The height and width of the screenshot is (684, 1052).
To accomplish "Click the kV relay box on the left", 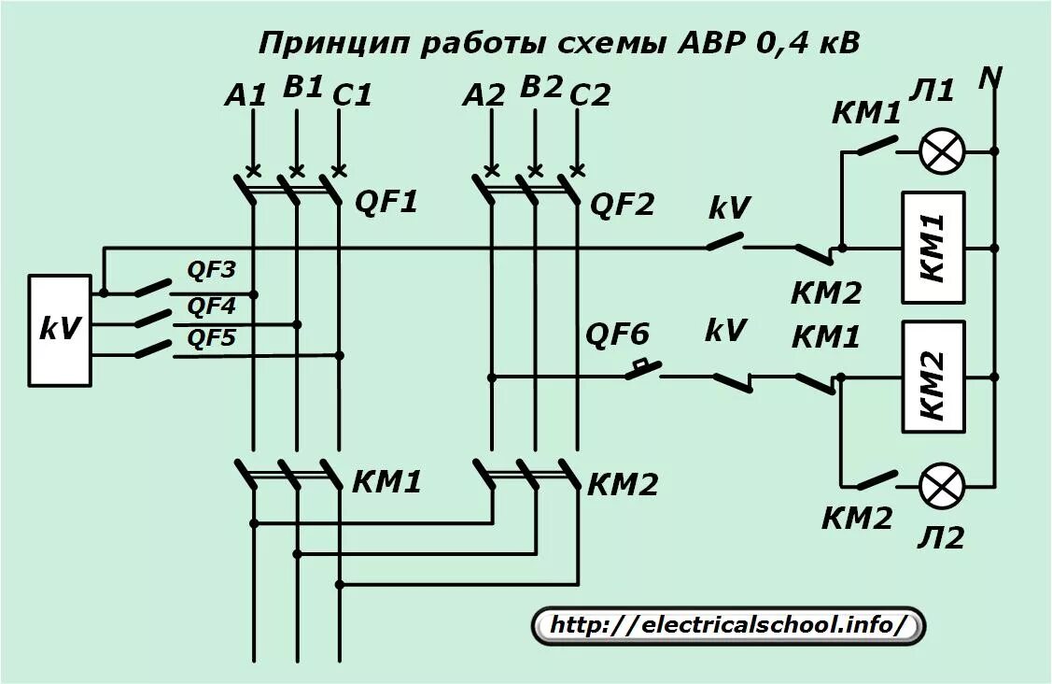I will [x=60, y=330].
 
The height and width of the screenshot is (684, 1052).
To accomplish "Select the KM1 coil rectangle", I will [x=933, y=248].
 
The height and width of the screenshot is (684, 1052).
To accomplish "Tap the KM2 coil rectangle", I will [x=933, y=377].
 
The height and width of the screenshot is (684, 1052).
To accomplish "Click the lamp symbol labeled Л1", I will [x=942, y=150].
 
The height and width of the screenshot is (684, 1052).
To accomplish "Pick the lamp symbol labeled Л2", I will [x=942, y=486].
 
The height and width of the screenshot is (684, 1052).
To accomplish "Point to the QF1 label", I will [x=386, y=201].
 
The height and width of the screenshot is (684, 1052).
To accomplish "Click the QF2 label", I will [x=623, y=203].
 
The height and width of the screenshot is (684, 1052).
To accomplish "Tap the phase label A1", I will [x=246, y=93].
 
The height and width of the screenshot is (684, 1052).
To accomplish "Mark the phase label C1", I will [x=352, y=94].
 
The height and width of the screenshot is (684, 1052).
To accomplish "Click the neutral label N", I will [x=989, y=79].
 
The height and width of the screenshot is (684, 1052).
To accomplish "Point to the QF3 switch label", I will [x=212, y=271].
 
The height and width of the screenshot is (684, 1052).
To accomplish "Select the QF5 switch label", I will [x=212, y=338].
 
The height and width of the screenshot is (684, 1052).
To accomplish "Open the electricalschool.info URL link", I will [x=728, y=624].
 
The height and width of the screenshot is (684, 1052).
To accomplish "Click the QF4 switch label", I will [x=212, y=306].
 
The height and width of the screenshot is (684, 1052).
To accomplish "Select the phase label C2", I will [x=590, y=94].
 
